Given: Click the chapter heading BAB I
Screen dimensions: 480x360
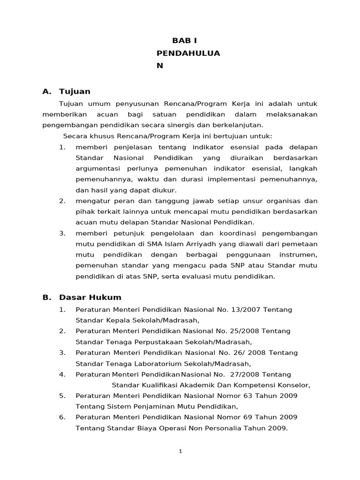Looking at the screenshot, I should coord(185,41).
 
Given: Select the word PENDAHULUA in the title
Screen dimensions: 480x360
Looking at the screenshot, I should coord(188,53).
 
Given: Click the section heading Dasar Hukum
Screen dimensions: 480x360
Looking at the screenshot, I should coord(90,297).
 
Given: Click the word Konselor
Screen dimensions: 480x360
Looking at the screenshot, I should coord(295,385).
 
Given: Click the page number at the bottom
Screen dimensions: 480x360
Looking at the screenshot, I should coord(180,451).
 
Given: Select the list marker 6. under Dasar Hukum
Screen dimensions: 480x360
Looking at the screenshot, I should coord(62,417).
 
